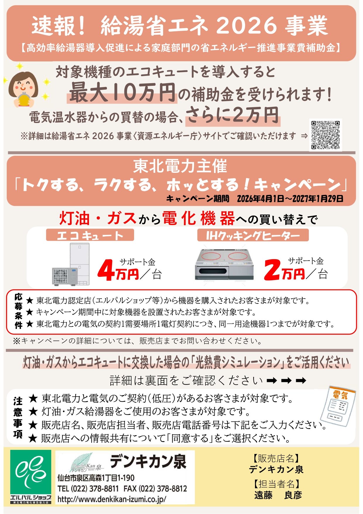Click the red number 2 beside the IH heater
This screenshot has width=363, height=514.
pyautogui.click(x=272, y=269)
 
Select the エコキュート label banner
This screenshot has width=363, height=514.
pyautogui.click(x=90, y=235)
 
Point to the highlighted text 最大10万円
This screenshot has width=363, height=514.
pyautogui.click(x=122, y=93)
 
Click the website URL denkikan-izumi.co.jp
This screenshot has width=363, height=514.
pyautogui.click(x=112, y=499)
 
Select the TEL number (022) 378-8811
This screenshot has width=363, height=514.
pyautogui.click(x=88, y=489)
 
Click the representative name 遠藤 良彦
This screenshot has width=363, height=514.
pyautogui.click(x=278, y=495)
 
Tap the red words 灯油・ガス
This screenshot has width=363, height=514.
pyautogui.click(x=98, y=218)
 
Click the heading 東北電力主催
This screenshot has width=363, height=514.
pyautogui.click(x=180, y=166)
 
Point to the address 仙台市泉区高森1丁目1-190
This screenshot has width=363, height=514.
pyautogui.click(x=96, y=478)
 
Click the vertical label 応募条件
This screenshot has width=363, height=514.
pyautogui.click(x=18, y=311)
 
